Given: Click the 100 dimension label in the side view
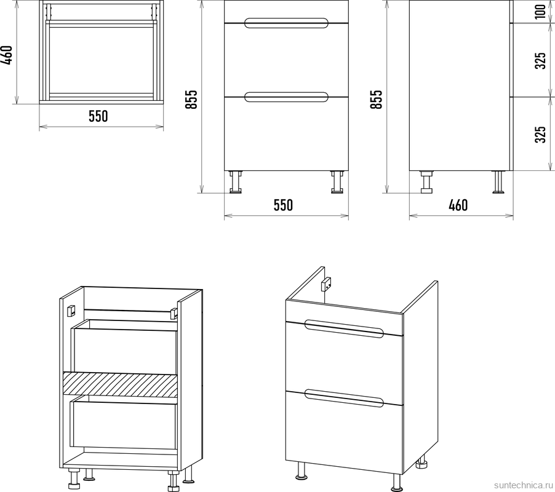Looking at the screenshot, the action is pos(540,12).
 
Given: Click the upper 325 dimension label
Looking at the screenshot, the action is pos(540,60).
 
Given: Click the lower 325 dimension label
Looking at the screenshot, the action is pos(540,135).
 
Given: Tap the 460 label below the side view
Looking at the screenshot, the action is pos(458,205).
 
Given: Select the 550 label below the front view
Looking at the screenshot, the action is pos(283,205).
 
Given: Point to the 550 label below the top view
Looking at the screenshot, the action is pos(98,116).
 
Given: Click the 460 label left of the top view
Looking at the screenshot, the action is pos(8,55).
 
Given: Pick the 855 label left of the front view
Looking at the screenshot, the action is pos(191,100).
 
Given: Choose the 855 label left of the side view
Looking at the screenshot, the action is pos(377,100).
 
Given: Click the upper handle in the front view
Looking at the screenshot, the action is pos(286,23).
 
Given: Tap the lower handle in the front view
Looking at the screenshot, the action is pos(286,97).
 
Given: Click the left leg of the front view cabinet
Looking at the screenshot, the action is pos(236,182).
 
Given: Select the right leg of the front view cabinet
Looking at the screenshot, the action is pos(337,182).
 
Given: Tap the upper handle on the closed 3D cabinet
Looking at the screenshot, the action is pos(344,329).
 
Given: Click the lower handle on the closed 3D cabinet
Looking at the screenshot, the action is pos(344,399).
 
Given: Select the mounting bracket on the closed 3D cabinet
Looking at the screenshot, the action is pos(326,284).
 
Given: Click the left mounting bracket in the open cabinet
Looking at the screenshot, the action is pos(71,311).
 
